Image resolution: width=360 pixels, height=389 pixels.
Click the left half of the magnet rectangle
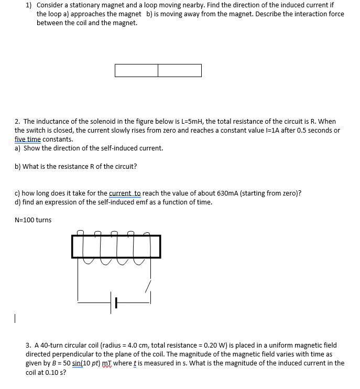(136, 70)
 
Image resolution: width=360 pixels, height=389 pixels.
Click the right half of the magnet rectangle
(180, 70)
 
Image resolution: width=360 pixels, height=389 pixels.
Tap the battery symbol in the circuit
(114, 302)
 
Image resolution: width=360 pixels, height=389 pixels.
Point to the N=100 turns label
(33, 220)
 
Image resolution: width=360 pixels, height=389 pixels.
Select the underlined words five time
(28, 139)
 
